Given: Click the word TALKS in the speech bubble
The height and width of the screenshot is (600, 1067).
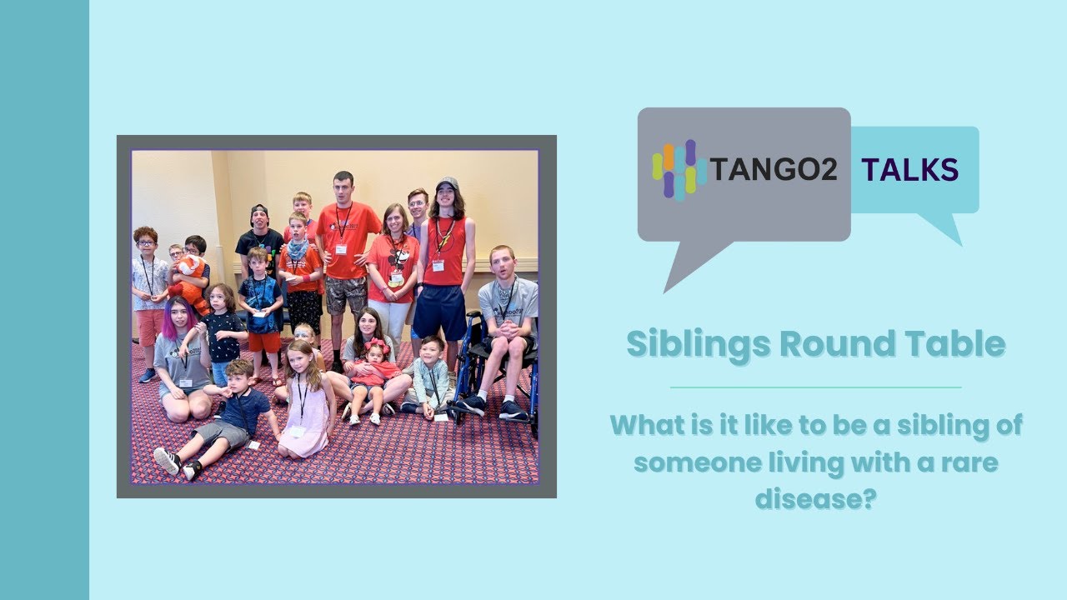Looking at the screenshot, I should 909,170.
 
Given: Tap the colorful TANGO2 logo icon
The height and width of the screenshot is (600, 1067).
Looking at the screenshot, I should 679,169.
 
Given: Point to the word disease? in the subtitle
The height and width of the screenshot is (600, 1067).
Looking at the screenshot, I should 816,498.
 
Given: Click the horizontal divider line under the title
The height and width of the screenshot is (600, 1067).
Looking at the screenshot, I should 815,387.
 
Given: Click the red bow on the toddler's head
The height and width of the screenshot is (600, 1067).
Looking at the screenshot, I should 376,344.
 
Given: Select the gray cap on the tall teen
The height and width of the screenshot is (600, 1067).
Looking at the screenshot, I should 447,182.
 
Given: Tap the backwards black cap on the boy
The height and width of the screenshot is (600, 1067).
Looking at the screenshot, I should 260,209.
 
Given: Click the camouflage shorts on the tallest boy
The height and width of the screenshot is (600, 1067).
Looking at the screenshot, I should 346,294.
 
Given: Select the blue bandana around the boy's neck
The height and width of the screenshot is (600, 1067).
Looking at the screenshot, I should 298,247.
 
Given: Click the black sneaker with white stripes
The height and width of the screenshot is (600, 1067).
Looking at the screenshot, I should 167,460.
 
